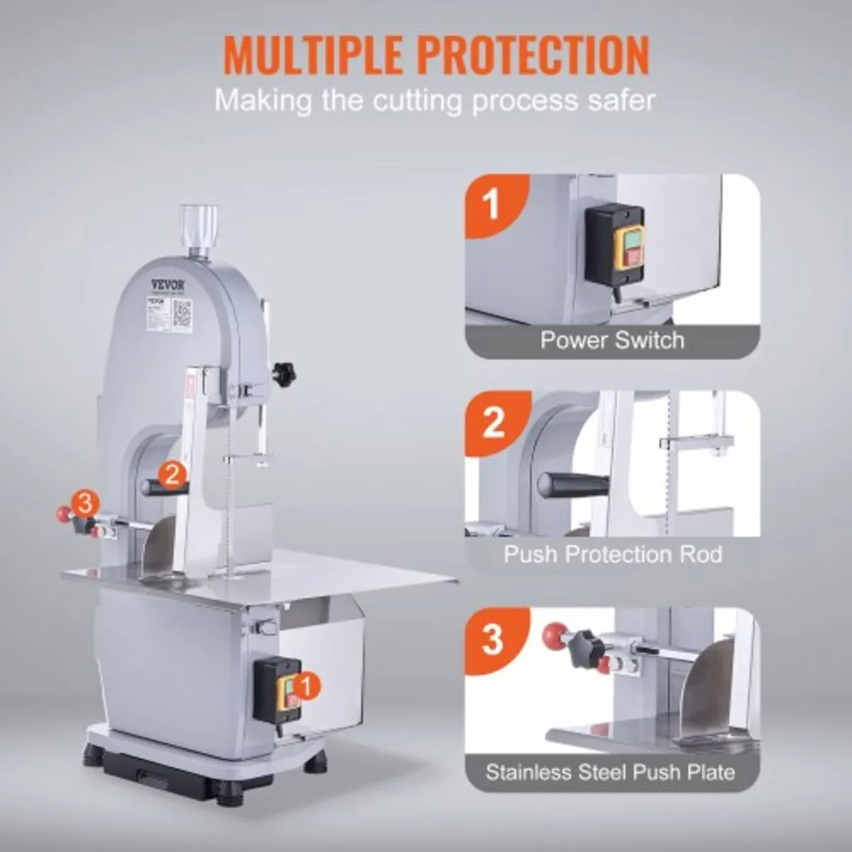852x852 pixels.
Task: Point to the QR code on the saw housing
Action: [182, 312]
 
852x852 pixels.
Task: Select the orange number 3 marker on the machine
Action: [84, 504]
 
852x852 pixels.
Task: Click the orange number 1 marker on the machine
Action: [305, 686]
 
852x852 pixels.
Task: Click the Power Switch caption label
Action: [612, 339]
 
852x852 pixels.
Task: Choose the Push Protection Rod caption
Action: [612, 554]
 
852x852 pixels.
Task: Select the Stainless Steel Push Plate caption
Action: [610, 772]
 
